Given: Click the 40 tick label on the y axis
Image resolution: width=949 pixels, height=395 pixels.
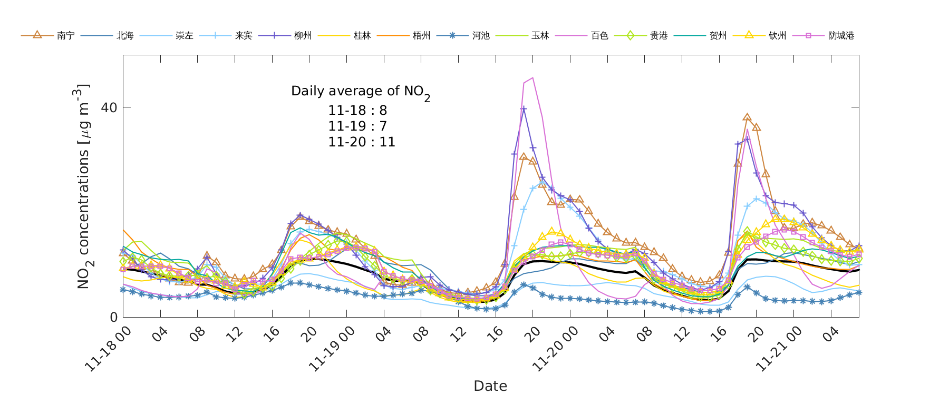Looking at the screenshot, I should tap(109, 107).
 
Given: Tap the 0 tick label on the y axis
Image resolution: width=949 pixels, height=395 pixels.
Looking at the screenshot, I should tap(113, 317).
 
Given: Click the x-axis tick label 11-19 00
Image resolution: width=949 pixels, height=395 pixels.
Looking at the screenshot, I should tap(332, 349).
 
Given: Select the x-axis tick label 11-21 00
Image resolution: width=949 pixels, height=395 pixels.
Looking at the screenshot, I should tap(779, 349).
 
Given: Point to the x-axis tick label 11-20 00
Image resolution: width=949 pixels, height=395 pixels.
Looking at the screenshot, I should tap(555, 349).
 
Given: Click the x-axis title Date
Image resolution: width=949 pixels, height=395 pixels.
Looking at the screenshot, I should tap(490, 386).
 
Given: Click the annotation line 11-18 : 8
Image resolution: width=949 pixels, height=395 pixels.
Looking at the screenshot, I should tap(357, 111).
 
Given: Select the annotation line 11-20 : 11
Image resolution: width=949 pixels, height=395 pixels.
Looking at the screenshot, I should tap(362, 142).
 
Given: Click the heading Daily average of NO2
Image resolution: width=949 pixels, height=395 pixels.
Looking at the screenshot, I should tap(360, 92).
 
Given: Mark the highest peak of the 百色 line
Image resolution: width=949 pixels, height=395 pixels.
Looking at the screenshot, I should tap(533, 78).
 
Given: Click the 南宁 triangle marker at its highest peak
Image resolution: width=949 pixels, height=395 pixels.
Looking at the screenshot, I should tap(747, 117).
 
